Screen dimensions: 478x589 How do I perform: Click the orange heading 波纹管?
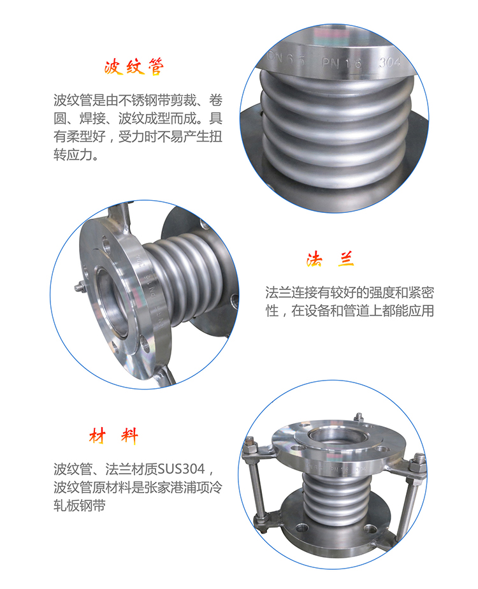coord(134,68)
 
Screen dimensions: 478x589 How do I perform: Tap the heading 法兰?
coord(330,259)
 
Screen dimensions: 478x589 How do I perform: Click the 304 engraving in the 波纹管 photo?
coord(389,62)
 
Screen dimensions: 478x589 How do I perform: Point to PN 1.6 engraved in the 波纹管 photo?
coord(342,62)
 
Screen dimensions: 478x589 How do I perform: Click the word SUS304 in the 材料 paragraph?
coord(182,469)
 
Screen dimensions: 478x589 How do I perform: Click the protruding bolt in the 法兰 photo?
coord(80,288)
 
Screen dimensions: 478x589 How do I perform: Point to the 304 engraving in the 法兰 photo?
coord(139,259)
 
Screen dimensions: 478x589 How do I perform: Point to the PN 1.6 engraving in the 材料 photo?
coord(339,469)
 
